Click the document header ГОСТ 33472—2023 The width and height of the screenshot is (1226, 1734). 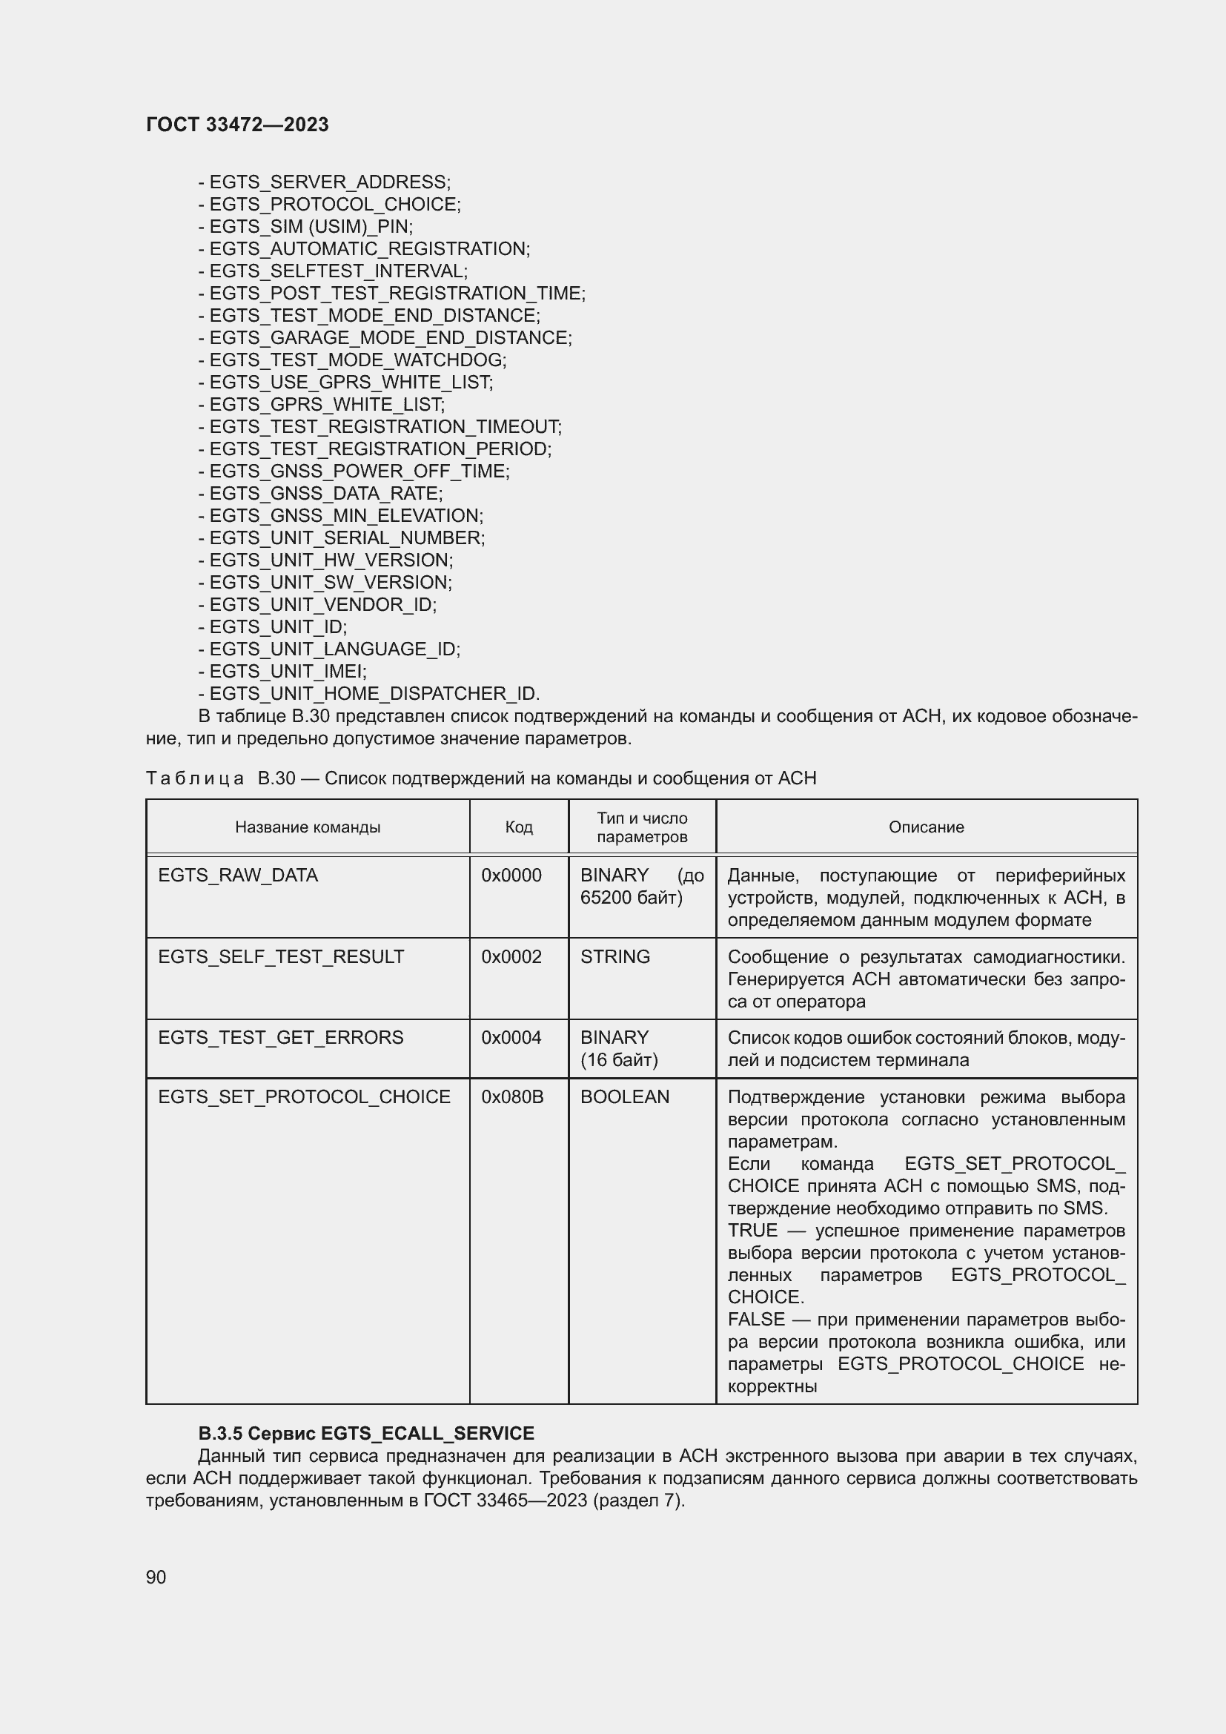pos(237,125)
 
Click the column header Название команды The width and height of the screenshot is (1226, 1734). pos(308,827)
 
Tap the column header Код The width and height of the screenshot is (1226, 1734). pos(519,827)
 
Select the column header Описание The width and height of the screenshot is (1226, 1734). pos(926,827)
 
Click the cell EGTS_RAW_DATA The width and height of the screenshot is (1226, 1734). pos(238,876)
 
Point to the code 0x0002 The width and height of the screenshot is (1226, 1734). pos(511,957)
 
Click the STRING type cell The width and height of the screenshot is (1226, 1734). pos(614,957)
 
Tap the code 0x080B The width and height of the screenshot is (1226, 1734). pos(512,1096)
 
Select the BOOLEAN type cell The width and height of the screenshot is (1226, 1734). pos(624,1096)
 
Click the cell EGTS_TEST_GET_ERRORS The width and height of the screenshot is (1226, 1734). pos(280,1038)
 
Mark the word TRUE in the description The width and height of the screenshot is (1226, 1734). pos(752,1231)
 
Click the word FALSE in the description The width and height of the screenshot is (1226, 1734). pos(755,1320)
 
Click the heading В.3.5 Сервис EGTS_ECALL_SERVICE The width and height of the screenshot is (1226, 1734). pos(365,1434)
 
